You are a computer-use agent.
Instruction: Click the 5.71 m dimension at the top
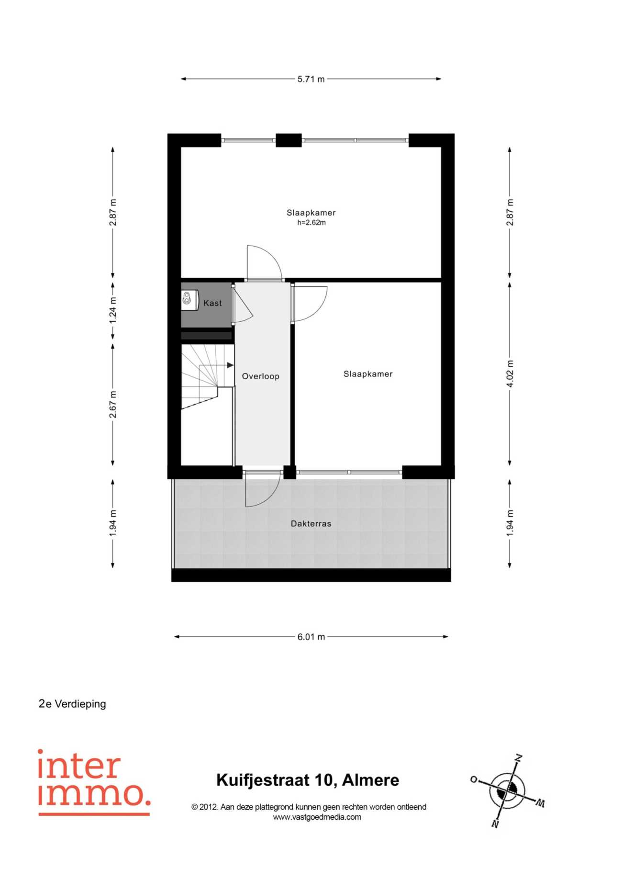pos(311,79)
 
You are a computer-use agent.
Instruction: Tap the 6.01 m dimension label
pos(311,637)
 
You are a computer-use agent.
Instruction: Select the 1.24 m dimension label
pos(113,310)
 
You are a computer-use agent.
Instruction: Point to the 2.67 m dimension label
pos(113,405)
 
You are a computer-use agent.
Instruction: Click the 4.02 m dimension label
pos(510,374)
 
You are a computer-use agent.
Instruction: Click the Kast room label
pos(212,303)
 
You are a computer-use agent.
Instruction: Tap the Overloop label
pos(260,376)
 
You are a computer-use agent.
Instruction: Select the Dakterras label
pos(311,524)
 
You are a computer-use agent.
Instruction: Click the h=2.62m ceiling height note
pos(311,223)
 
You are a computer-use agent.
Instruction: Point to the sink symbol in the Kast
pos(189,299)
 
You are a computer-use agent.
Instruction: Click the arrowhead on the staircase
pos(230,365)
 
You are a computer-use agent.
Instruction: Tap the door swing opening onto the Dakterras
pos(262,489)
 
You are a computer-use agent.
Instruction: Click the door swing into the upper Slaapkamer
pos(264,262)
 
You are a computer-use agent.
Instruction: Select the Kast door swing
pos(243,305)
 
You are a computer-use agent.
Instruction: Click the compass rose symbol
pos(507,791)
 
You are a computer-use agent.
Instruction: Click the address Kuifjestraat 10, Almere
pos(308,780)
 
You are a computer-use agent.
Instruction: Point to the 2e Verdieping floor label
pos(72,704)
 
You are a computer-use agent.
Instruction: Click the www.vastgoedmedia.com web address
pos(317,817)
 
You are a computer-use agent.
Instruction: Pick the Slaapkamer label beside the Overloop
pos(368,374)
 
